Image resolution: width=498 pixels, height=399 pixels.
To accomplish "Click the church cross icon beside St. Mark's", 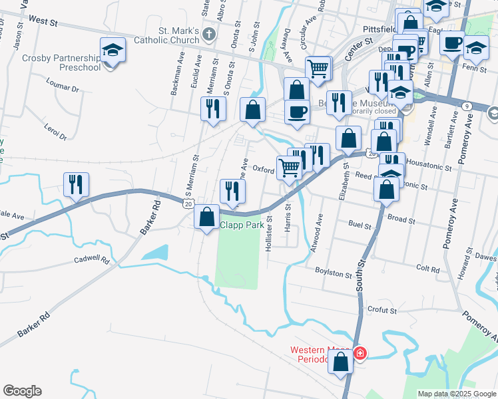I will click(x=210, y=34).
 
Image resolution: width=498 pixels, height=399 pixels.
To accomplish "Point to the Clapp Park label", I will click(x=242, y=225).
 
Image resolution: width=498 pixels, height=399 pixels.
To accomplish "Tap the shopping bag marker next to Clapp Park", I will click(x=207, y=215).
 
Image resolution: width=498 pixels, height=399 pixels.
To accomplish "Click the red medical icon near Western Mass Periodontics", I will click(x=360, y=352).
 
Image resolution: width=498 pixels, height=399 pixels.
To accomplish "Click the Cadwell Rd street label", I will click(x=91, y=260).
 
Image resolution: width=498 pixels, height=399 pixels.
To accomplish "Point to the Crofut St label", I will click(x=382, y=310).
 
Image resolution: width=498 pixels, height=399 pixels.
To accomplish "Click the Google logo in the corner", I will click(x=22, y=391).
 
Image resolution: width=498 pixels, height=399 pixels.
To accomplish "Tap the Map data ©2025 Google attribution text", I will click(x=456, y=394).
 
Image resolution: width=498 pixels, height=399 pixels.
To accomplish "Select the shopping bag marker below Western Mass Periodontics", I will click(x=341, y=362).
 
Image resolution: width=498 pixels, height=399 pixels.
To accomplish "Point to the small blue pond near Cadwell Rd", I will click(x=154, y=253).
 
